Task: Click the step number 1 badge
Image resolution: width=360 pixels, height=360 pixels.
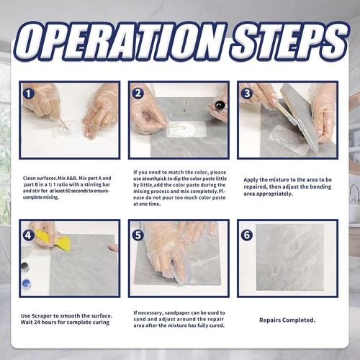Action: (29, 94)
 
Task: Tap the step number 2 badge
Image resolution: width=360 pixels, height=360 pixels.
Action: (138, 93)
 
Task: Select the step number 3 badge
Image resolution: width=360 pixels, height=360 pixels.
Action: (247, 93)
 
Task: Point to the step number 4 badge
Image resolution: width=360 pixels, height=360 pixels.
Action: (29, 235)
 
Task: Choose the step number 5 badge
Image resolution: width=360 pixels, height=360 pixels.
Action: (138, 235)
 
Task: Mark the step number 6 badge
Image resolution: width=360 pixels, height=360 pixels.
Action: (247, 235)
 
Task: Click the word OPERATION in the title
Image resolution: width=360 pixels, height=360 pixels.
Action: (120, 41)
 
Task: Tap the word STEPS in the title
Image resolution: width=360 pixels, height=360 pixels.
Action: (289, 41)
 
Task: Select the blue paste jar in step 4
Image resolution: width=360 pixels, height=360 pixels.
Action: (26, 284)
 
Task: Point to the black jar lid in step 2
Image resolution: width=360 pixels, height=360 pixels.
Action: (220, 105)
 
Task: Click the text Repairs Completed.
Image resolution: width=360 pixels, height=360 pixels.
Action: (287, 320)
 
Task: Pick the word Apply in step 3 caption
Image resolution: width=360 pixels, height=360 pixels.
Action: (251, 180)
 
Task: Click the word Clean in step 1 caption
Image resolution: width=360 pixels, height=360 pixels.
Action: (29, 178)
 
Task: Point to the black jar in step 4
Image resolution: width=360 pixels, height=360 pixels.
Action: (25, 267)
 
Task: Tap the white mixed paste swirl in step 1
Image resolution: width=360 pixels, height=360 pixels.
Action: (68, 128)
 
